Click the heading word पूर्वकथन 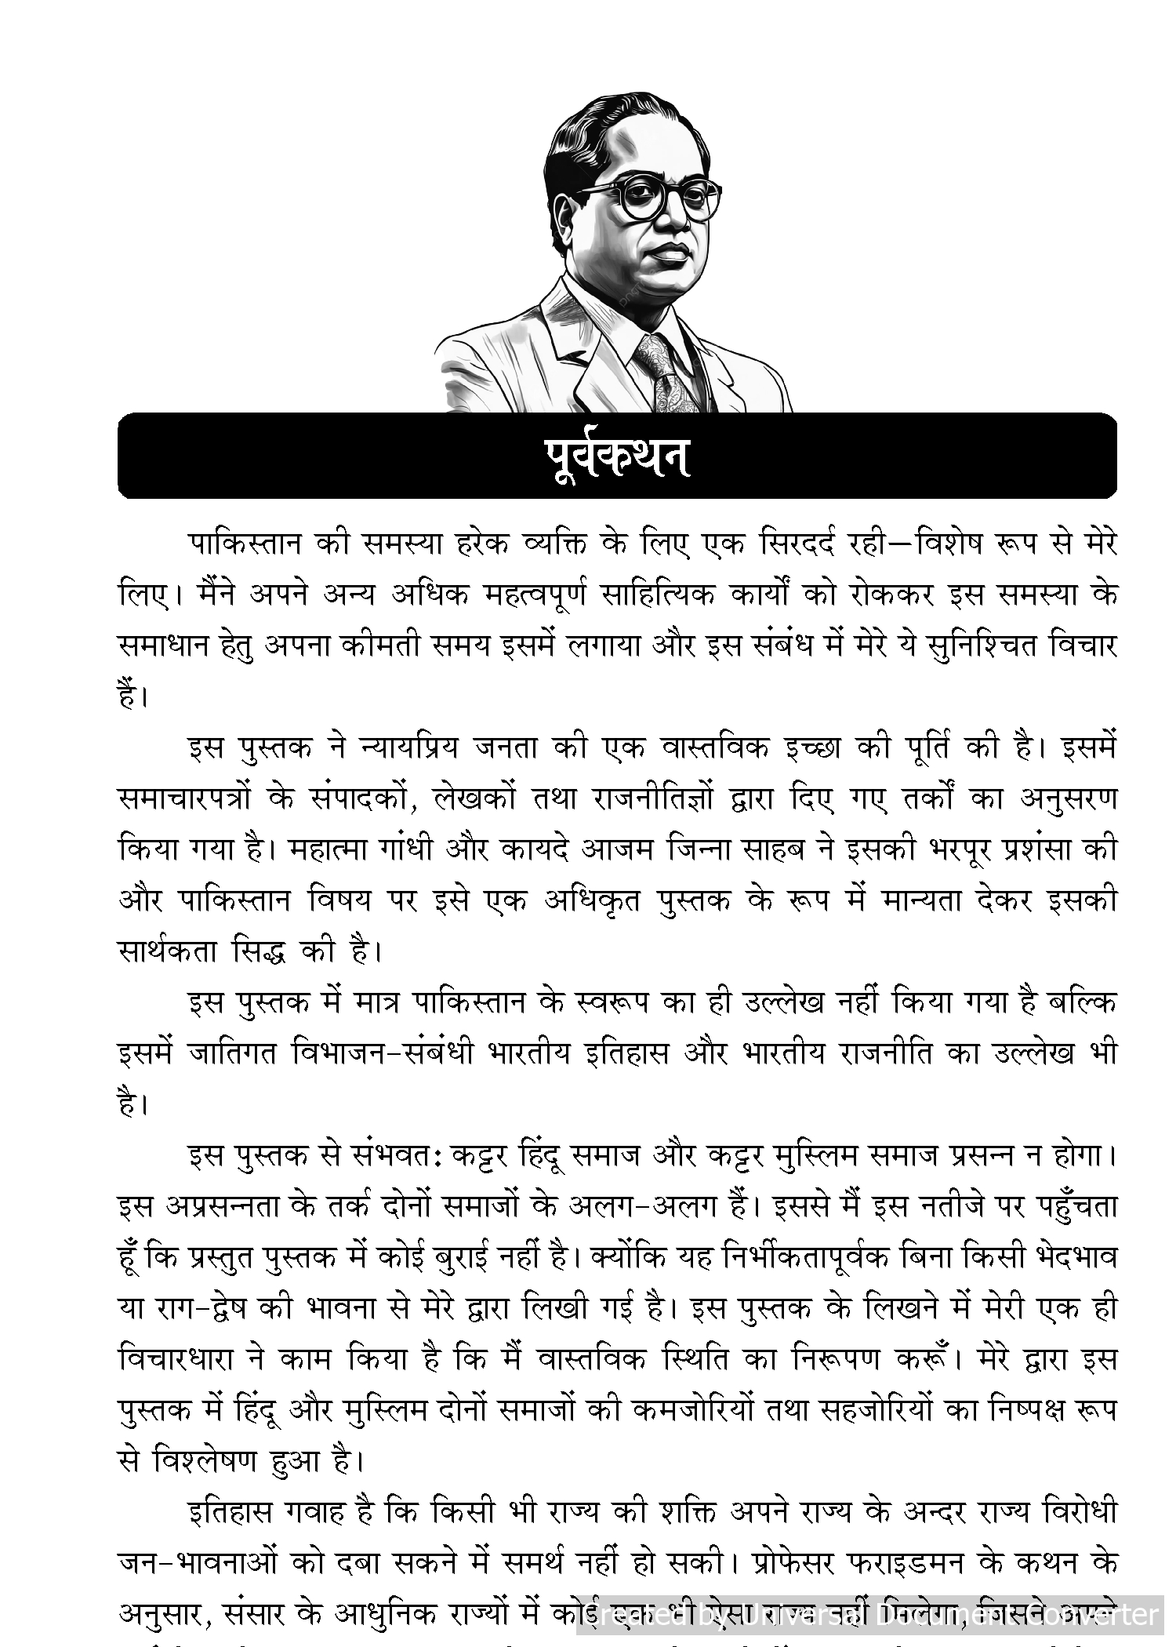(617, 456)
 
